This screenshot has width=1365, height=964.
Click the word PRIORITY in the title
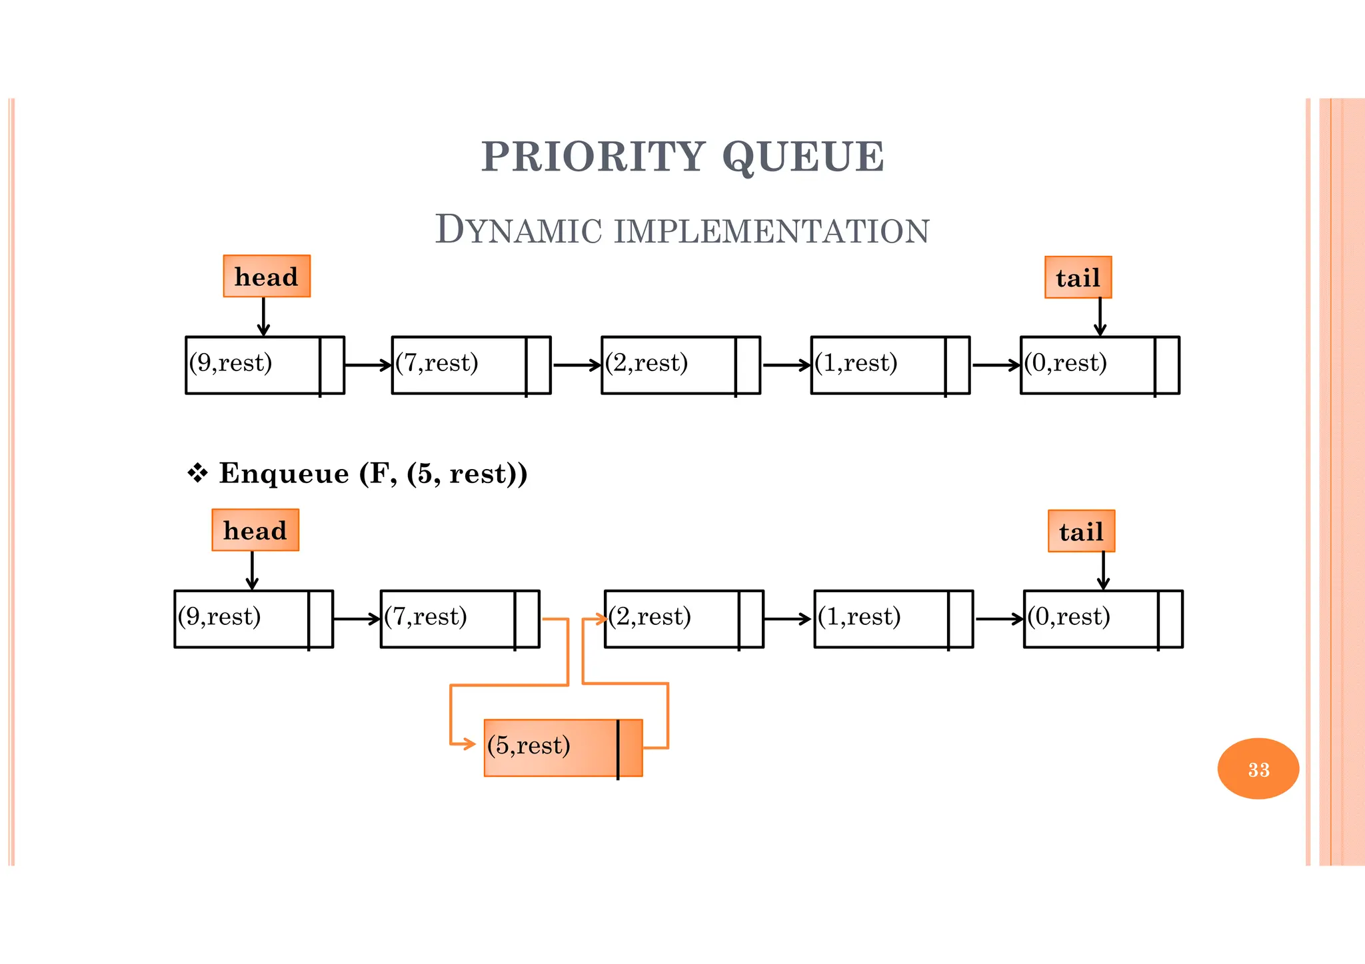tap(593, 157)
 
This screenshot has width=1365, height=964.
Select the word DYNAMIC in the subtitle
tap(518, 231)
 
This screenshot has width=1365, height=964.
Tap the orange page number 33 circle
tap(1258, 769)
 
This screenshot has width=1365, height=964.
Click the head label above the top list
tap(267, 276)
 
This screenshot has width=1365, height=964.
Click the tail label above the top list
tap(1078, 278)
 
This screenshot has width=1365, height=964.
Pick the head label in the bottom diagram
tap(255, 530)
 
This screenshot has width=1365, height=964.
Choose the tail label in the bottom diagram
tap(1081, 532)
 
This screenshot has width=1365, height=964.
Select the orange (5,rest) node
tap(563, 747)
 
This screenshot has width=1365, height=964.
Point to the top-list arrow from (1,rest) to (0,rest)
tap(995, 365)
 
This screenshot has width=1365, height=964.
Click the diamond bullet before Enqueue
tap(198, 474)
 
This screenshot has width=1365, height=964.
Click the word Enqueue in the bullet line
tap(284, 474)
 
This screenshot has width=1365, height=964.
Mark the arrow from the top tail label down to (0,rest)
tap(1100, 317)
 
